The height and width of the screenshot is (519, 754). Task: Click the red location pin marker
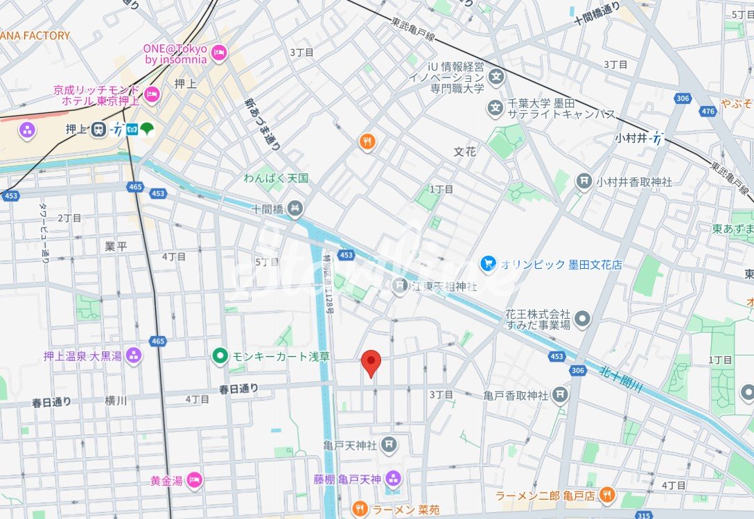click(371, 362)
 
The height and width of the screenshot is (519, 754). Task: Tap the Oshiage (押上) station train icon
click(98, 129)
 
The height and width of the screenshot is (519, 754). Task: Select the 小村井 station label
click(631, 139)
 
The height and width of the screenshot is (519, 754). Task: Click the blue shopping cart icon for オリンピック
click(488, 264)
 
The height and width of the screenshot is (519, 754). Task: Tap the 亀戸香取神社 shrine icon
click(561, 395)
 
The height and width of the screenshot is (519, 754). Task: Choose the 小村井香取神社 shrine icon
click(584, 182)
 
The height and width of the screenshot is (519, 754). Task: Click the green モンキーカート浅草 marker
click(220, 356)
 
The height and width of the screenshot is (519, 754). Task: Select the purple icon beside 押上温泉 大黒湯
click(134, 356)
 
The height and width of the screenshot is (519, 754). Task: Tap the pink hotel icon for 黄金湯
click(195, 480)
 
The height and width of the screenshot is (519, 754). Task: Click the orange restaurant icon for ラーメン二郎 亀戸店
click(606, 495)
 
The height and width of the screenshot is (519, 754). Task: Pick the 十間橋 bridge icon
click(295, 207)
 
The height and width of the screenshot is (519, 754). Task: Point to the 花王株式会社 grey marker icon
click(584, 319)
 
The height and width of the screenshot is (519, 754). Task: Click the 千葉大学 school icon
click(496, 107)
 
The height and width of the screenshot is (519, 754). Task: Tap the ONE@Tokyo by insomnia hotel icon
click(219, 53)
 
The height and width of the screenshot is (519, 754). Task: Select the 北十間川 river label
click(622, 381)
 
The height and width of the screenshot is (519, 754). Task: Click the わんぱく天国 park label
click(276, 179)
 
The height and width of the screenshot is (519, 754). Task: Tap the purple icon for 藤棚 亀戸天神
click(394, 478)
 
